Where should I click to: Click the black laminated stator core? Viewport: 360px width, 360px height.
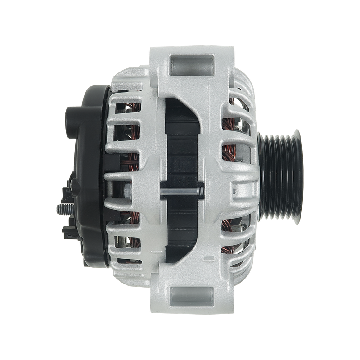(180, 148)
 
